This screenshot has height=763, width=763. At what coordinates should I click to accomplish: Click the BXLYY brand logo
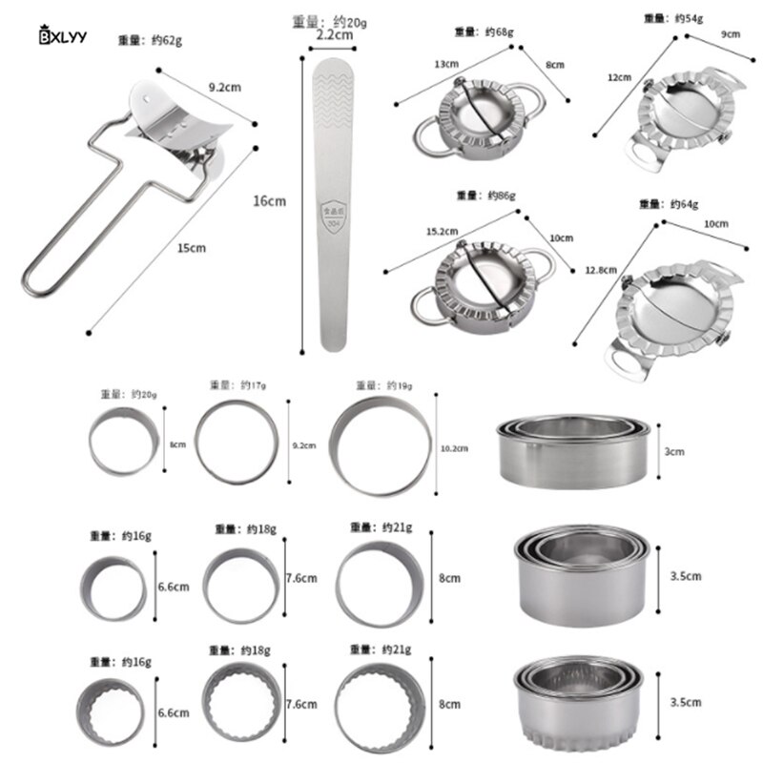point(62,37)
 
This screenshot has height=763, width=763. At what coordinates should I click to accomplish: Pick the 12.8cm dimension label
point(599,270)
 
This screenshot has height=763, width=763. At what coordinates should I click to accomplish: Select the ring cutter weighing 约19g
point(380,444)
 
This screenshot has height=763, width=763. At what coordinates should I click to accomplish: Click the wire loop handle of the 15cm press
point(72,238)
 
